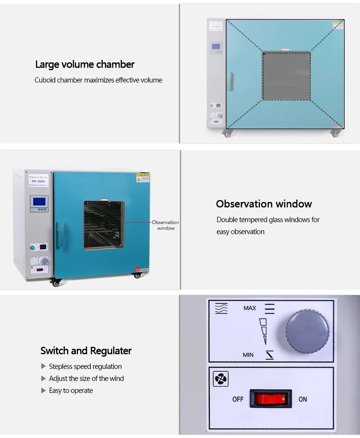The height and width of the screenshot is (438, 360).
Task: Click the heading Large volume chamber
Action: click(84, 64)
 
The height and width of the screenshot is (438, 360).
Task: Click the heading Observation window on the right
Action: click(264, 204)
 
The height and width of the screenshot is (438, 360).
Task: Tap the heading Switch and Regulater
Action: click(86, 351)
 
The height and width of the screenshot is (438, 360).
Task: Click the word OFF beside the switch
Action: click(238, 399)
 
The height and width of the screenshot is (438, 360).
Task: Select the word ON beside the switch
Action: click(303, 399)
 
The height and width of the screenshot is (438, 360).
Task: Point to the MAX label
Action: click(250, 308)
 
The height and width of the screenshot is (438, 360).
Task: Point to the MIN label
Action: click(248, 355)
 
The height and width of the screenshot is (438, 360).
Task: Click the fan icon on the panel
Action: click(221, 379)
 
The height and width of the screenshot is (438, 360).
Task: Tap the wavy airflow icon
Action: click(221, 308)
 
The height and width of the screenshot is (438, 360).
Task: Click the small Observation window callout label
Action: click(166, 225)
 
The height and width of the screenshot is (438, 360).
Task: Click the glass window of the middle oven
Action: click(104, 225)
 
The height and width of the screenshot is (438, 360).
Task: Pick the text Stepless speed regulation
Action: click(85, 367)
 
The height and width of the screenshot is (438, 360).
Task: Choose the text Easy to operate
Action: click(71, 391)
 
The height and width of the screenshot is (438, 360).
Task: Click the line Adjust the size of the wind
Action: click(86, 379)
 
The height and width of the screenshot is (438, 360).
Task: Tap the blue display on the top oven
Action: click(216, 47)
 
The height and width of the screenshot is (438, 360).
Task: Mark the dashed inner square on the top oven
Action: click(286, 75)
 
